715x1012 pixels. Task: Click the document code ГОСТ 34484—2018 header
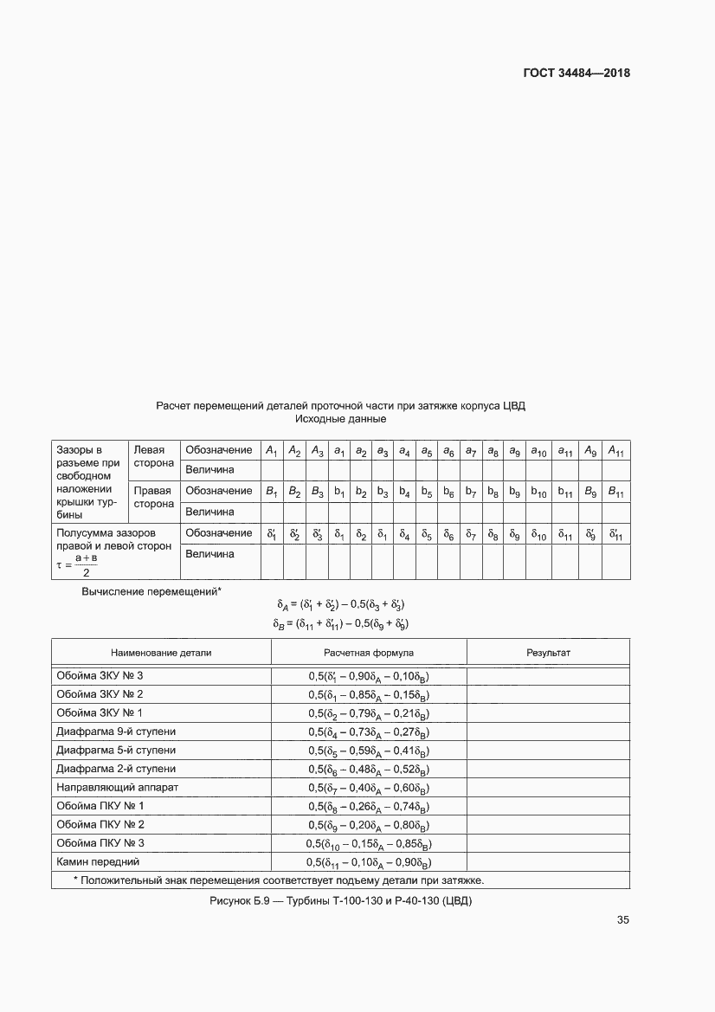tap(576, 73)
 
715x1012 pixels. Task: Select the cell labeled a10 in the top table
tap(538, 450)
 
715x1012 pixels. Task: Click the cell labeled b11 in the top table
tap(564, 492)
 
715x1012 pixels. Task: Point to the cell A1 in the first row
tap(272, 450)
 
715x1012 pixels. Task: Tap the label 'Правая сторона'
tap(153, 498)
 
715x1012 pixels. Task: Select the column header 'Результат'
tap(548, 653)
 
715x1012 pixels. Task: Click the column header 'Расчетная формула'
tap(369, 653)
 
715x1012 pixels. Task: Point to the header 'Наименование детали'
tap(161, 653)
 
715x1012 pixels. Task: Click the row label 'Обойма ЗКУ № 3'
tap(100, 675)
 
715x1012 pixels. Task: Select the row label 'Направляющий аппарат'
tap(117, 788)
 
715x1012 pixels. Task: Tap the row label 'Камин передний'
tap(98, 862)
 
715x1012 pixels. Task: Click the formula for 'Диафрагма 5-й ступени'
tap(369, 751)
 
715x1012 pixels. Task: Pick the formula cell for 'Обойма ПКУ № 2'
tap(369, 825)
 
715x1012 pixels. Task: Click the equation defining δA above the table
tap(341, 604)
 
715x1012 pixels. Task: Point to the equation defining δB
tap(341, 623)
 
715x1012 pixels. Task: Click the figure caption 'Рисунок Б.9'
tap(340, 901)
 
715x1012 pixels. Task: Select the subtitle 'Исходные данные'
tap(340, 419)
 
